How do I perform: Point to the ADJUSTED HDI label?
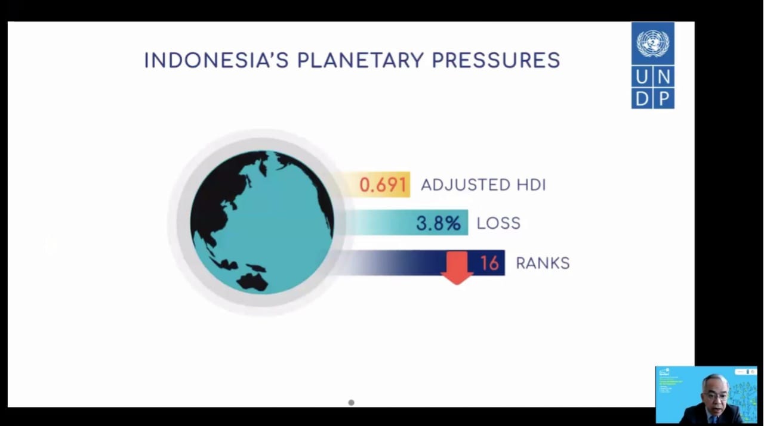pyautogui.click(x=483, y=185)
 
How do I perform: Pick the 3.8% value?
pyautogui.click(x=439, y=223)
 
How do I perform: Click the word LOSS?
pyautogui.click(x=498, y=223)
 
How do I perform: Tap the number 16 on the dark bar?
pyautogui.click(x=489, y=263)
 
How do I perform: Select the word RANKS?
pyautogui.click(x=543, y=263)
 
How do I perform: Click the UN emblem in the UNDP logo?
pyautogui.click(x=653, y=43)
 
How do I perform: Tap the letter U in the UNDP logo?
pyautogui.click(x=642, y=77)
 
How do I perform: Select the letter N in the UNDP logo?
pyautogui.click(x=664, y=77)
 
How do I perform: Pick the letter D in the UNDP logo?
pyautogui.click(x=642, y=98)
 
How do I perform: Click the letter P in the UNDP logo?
pyautogui.click(x=664, y=98)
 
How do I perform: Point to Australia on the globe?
pyautogui.click(x=253, y=281)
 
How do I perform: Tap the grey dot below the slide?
pyautogui.click(x=351, y=403)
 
